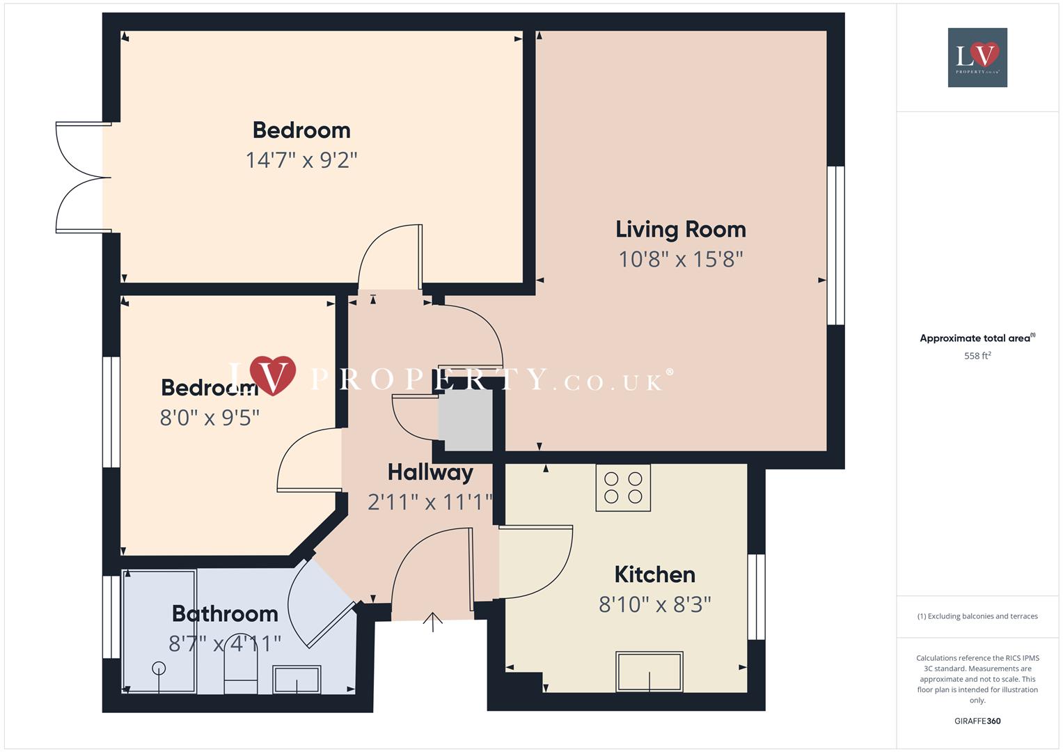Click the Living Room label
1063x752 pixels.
(680, 229)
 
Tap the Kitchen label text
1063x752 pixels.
(654, 574)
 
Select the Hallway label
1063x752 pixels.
(430, 472)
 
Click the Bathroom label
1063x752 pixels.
(225, 613)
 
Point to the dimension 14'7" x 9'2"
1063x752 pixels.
(301, 160)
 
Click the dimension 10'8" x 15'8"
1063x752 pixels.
(680, 259)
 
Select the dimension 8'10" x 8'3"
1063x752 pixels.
(654, 604)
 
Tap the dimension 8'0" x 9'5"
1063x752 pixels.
(210, 418)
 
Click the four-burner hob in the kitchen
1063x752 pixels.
(623, 487)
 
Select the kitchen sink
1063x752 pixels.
(649, 671)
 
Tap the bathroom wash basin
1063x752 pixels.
(297, 679)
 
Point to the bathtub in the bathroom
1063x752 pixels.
(159, 631)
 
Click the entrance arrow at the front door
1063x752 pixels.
(433, 621)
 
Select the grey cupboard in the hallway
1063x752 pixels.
(465, 421)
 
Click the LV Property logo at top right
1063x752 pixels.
(977, 57)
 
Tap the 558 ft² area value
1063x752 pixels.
(977, 356)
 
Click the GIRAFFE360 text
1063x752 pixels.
(977, 721)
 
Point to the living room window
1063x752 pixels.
(835, 245)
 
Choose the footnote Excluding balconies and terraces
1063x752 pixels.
(977, 616)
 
